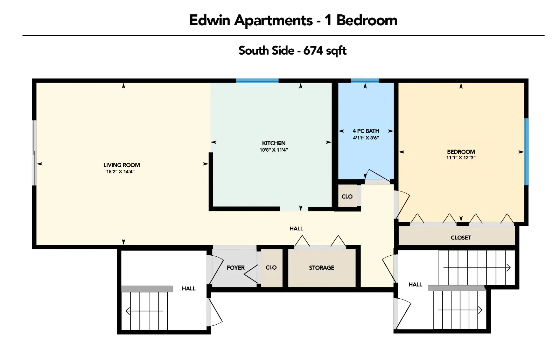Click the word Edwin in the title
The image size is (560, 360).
210,20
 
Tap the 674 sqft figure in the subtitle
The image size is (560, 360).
325,51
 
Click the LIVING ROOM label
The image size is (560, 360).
122,165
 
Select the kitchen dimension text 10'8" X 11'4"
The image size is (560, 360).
274,150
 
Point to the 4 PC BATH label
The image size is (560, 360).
366,131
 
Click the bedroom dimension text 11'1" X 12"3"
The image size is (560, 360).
461,158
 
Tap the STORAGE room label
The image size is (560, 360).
322,268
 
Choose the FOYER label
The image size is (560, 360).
236,268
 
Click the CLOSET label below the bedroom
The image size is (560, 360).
461,238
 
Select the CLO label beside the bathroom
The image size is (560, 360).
347,197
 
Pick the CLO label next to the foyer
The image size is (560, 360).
271,268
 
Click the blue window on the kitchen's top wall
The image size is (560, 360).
257,81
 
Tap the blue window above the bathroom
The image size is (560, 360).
365,81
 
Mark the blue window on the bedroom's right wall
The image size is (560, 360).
526,152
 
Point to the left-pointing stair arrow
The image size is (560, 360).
144,311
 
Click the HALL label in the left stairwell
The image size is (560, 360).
189,289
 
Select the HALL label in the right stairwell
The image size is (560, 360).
415,285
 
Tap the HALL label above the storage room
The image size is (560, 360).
296,229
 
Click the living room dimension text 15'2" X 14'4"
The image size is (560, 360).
120,172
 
